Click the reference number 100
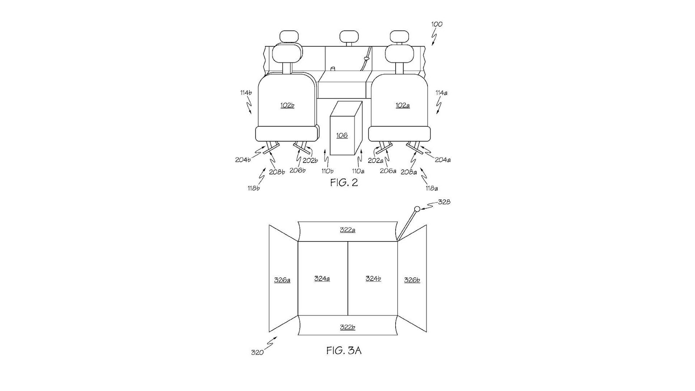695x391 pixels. click(x=437, y=24)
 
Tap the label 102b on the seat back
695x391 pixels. click(x=287, y=105)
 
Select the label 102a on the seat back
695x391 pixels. click(x=402, y=106)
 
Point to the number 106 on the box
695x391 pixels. click(x=342, y=135)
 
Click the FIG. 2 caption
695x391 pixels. click(x=344, y=182)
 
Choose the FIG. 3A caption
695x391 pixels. click(x=344, y=350)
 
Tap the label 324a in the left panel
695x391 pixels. click(x=322, y=278)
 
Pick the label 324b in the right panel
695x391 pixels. click(x=373, y=278)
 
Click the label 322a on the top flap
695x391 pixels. click(x=347, y=230)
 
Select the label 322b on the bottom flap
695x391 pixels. click(x=347, y=327)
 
